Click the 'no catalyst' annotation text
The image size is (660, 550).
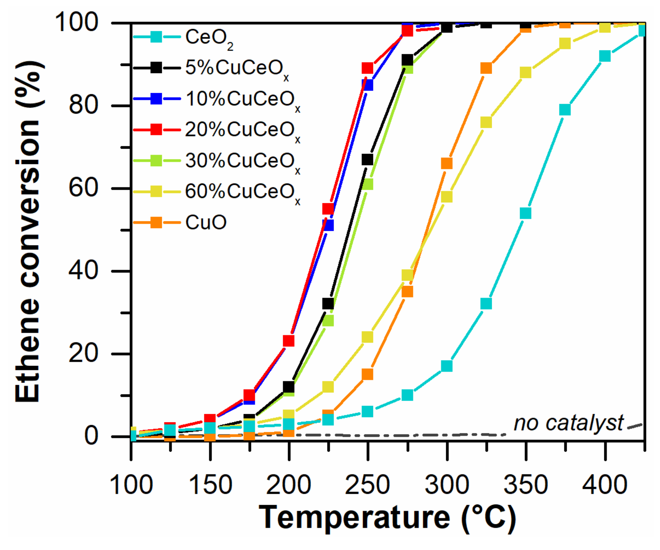tap(568, 423)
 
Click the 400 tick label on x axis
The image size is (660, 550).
tap(604, 485)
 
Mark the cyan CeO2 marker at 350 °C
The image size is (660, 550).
tap(526, 213)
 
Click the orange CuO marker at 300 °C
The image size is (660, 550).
tap(447, 164)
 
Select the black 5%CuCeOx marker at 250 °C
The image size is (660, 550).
tap(367, 160)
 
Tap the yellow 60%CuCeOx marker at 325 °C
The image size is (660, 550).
tap(486, 122)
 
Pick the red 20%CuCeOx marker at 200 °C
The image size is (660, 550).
tap(289, 340)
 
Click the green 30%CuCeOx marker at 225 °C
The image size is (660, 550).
tap(328, 321)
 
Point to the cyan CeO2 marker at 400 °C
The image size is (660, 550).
tap(605, 56)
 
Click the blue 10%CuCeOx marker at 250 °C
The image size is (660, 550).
tap(367, 85)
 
